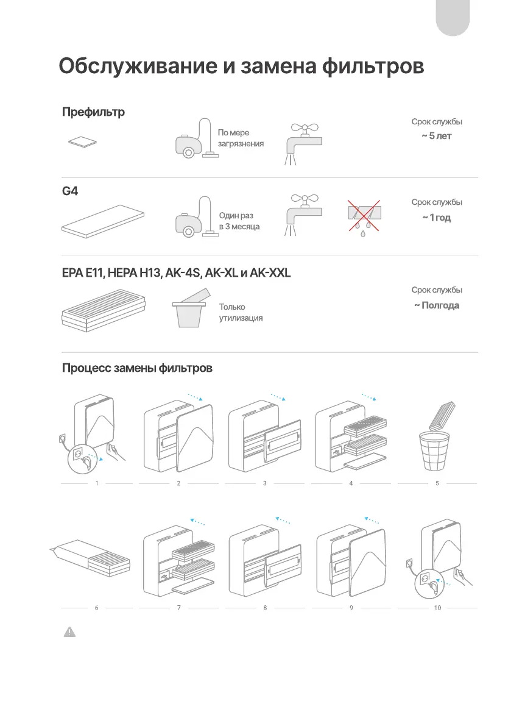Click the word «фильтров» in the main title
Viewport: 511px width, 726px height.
tap(372, 66)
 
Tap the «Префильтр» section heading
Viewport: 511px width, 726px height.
tap(93, 112)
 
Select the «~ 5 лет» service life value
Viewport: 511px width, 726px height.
tap(437, 135)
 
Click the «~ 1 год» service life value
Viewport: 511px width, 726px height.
tap(437, 218)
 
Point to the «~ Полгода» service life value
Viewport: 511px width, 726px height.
tap(437, 305)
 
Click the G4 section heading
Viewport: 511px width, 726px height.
tap(71, 191)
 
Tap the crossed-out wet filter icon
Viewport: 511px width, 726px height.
tap(363, 215)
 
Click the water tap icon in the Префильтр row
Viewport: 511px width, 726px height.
tap(303, 144)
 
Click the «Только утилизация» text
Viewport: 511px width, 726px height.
tap(241, 313)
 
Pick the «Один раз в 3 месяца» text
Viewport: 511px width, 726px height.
tap(239, 221)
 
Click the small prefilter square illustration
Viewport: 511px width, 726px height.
tap(82, 142)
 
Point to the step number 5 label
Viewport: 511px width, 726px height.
tap(437, 483)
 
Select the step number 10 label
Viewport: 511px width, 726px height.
tap(437, 608)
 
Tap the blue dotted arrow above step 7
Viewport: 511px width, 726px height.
tap(197, 521)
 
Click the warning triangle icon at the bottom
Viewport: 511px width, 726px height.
tap(70, 633)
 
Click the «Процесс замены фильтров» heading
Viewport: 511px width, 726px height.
tap(137, 368)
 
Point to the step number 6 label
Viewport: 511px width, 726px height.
tap(97, 608)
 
